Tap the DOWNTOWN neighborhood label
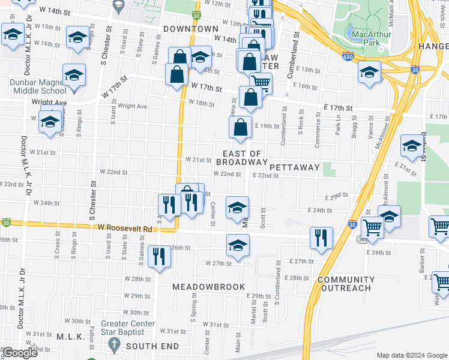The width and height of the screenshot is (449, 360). click(x=190, y=29)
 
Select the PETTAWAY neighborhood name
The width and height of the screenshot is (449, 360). click(x=294, y=167)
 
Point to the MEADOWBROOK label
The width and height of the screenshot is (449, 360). click(x=209, y=287)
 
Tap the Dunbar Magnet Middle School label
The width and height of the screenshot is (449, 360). click(x=37, y=86)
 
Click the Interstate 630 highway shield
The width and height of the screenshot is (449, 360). click(x=348, y=56)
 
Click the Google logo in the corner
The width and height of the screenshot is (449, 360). click(x=20, y=353)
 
